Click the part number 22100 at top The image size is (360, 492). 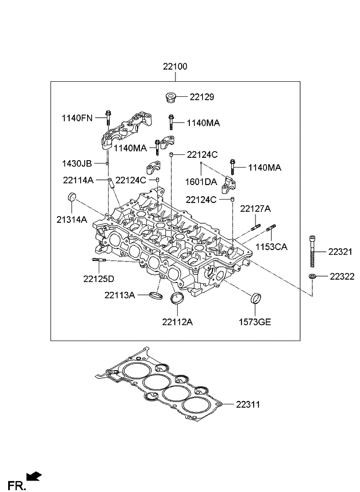[175, 67]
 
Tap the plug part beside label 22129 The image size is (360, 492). [170, 97]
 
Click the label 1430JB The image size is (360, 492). [77, 164]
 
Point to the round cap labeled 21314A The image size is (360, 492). [72, 197]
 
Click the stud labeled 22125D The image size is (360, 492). [99, 260]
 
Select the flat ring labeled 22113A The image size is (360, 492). [156, 295]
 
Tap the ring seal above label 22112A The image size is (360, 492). [177, 298]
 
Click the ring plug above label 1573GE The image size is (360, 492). [255, 298]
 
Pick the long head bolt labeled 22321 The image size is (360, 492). [312, 251]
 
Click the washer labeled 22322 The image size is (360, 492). [312, 276]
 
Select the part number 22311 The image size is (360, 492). [248, 404]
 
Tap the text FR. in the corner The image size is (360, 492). [16, 486]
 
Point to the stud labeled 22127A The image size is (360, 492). [255, 227]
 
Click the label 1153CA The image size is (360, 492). [271, 247]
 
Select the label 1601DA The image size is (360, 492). [201, 182]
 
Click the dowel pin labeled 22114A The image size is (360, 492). [110, 182]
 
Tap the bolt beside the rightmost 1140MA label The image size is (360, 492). [232, 167]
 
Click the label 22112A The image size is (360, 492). [177, 322]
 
